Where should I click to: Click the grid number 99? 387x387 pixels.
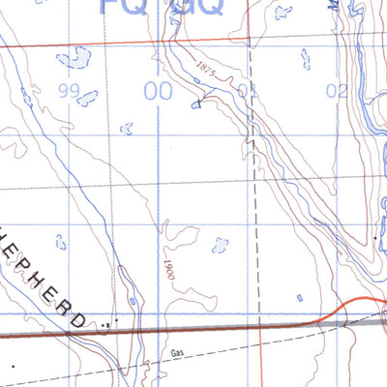point(68,92)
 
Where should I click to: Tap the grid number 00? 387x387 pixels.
point(158,92)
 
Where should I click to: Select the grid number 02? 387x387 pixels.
point(336,92)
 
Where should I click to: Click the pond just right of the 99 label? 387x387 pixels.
point(87,98)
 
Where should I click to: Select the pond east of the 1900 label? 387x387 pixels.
point(220,246)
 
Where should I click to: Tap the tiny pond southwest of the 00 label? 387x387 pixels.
point(127,128)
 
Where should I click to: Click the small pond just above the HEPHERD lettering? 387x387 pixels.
point(61,242)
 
